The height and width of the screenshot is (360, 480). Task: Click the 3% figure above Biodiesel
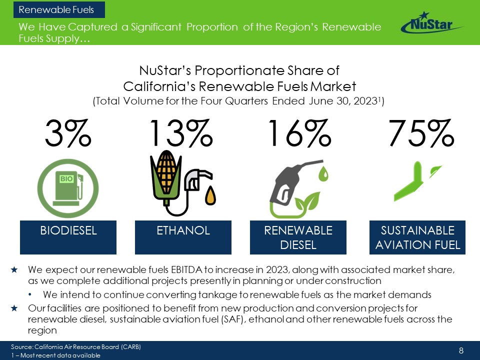coord(68,134)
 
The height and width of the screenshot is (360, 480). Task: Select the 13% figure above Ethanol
coord(180,134)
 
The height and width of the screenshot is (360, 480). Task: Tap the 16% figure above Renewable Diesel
coord(299,134)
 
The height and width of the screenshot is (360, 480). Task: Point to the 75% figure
coord(421,134)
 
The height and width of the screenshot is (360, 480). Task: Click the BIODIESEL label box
coord(68,237)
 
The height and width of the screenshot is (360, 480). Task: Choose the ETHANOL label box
coord(183,237)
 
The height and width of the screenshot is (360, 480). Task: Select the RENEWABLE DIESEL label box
coord(298,237)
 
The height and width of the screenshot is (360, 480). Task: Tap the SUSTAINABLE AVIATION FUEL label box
coord(417,237)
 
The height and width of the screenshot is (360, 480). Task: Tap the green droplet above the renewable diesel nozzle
coord(324,173)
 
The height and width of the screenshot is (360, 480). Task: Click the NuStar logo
coord(431,23)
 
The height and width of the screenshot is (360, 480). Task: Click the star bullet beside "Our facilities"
coord(15,307)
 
